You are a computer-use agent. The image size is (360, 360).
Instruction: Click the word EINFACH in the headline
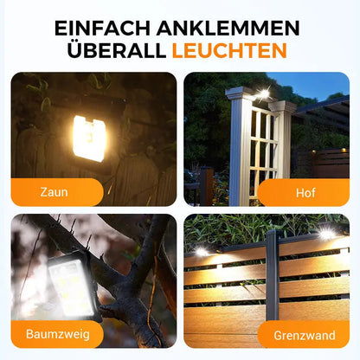102,28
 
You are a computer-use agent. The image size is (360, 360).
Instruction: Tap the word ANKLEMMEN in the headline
228,28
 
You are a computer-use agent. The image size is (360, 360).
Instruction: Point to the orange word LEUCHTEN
229,50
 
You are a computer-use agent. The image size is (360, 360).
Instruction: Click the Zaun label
54,192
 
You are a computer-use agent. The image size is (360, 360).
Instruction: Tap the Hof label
305,193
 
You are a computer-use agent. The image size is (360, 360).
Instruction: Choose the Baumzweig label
58,334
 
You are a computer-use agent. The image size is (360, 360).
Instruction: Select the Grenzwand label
305,335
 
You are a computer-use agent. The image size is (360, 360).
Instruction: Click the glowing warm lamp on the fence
89,138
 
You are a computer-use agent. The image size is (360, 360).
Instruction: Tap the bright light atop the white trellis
263,93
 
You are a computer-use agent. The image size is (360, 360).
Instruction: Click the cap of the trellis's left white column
241,93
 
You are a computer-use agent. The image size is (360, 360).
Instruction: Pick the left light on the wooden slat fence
202,252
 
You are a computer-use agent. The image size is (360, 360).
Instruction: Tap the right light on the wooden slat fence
327,234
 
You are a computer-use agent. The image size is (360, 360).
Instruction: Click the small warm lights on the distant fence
329,151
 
